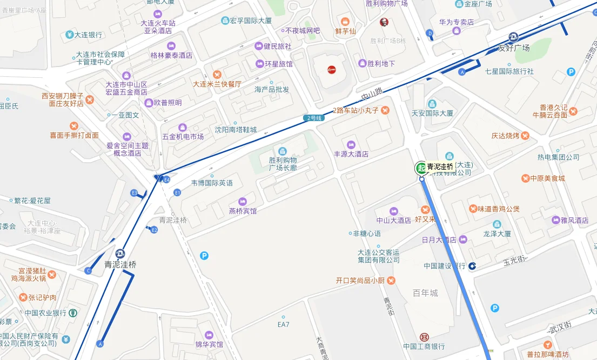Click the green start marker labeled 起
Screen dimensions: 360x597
click(x=421, y=168)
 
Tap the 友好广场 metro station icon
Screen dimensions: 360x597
click(x=513, y=37)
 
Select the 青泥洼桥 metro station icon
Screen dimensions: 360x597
click(x=120, y=253)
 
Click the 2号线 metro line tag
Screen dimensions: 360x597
click(x=313, y=118)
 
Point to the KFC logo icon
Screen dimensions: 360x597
click(x=384, y=22)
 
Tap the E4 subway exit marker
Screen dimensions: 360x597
click(x=167, y=179)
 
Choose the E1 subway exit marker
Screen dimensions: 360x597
click(x=177, y=192)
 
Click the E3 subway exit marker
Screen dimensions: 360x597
click(x=134, y=192)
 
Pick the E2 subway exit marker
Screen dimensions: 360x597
click(x=154, y=230)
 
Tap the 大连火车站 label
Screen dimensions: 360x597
click(x=158, y=23)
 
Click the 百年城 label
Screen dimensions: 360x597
click(x=425, y=294)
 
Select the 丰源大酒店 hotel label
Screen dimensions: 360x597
click(x=351, y=154)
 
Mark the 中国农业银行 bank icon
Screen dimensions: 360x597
click(x=73, y=312)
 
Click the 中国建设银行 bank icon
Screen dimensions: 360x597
click(x=472, y=265)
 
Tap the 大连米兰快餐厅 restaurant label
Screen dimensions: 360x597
click(x=217, y=84)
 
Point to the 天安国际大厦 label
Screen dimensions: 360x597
click(x=432, y=114)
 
